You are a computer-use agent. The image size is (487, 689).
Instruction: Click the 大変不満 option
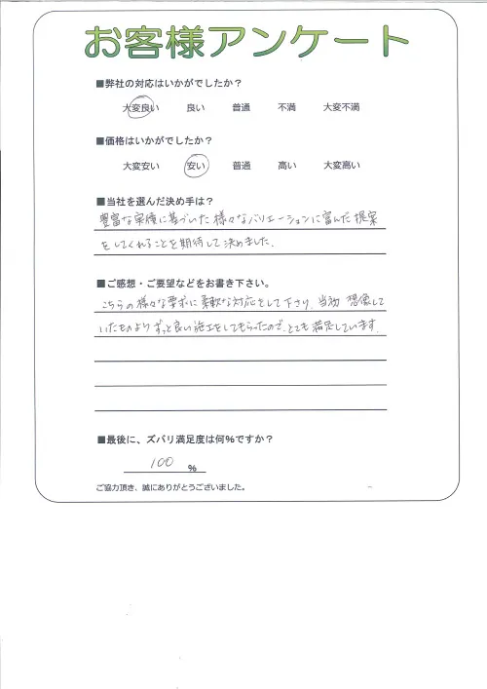342,107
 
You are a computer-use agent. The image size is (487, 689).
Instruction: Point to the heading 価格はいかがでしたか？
166,142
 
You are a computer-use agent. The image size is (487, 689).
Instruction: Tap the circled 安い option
195,167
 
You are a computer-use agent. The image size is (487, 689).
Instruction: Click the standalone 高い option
286,167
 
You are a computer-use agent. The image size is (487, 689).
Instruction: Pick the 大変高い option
342,167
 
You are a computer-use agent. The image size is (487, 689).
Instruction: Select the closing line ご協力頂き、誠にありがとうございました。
170,486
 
